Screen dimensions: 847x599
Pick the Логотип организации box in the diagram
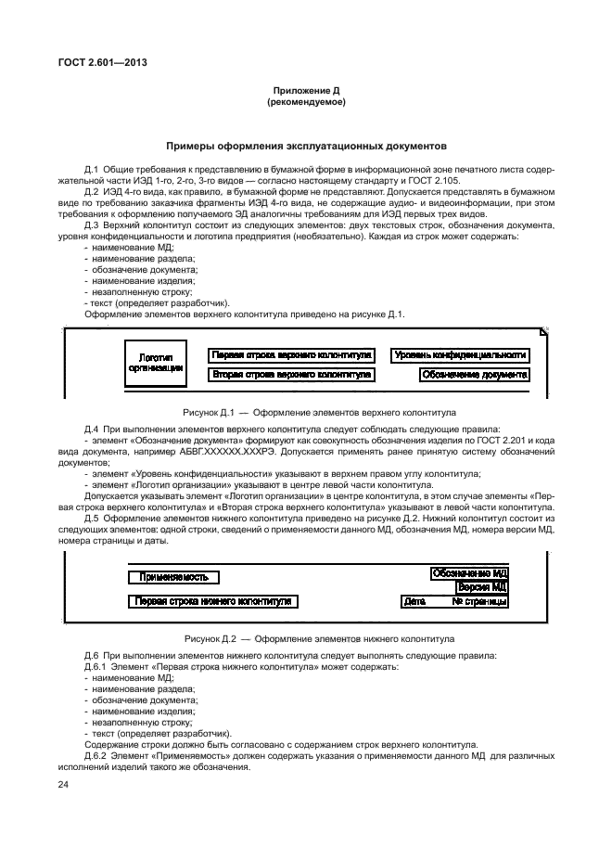click(155, 362)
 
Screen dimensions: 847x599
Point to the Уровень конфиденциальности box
click(460, 354)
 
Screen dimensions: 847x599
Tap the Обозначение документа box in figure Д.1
click(474, 375)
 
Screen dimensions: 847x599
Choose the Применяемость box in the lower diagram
click(173, 577)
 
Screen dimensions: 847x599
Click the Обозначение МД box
click(469, 573)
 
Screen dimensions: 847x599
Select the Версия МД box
click(481, 587)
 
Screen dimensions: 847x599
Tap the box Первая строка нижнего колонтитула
click(212, 601)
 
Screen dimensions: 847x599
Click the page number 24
click(64, 786)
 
